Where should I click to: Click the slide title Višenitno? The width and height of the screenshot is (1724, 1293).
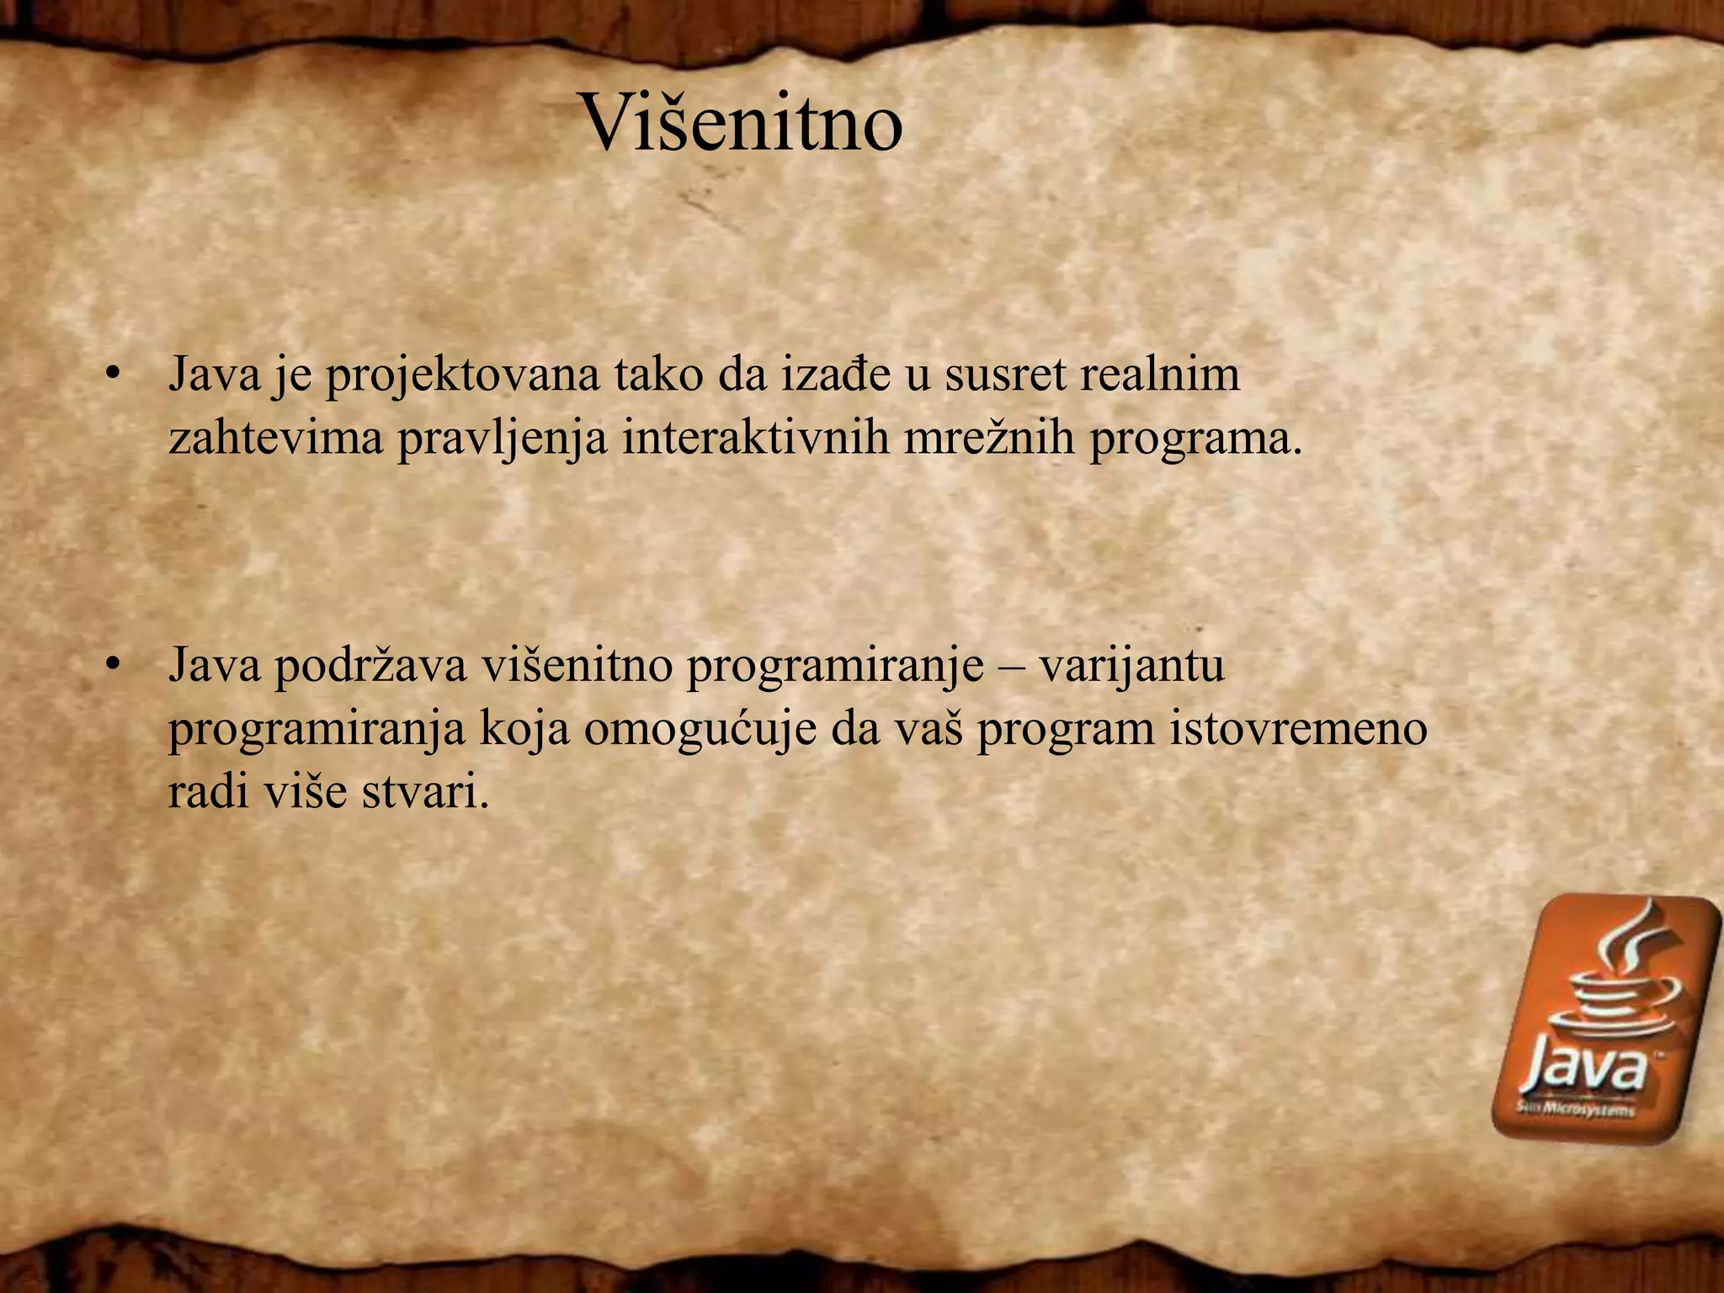pyautogui.click(x=742, y=124)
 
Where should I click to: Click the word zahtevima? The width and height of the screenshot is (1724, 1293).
pyautogui.click(x=275, y=438)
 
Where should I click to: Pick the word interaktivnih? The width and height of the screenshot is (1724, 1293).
pyautogui.click(x=755, y=438)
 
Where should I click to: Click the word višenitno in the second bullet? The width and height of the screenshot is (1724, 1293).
pyautogui.click(x=577, y=665)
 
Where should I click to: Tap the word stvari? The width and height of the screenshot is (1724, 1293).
pyautogui.click(x=425, y=791)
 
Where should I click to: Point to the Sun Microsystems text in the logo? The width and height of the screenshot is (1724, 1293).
pyautogui.click(x=1575, y=1109)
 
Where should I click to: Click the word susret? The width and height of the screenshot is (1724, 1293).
pyautogui.click(x=1003, y=375)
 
